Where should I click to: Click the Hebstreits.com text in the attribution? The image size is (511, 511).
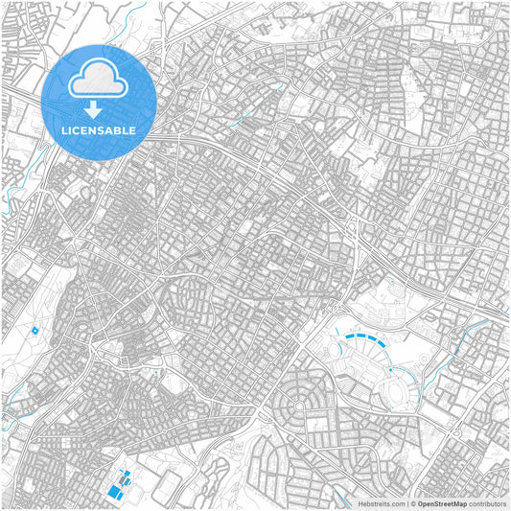383,503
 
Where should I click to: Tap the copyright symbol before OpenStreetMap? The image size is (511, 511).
413,503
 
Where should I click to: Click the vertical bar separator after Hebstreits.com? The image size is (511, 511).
407,503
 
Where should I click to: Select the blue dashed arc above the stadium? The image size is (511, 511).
365,337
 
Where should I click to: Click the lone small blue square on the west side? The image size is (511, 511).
35,330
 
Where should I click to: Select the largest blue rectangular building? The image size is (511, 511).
116,491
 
